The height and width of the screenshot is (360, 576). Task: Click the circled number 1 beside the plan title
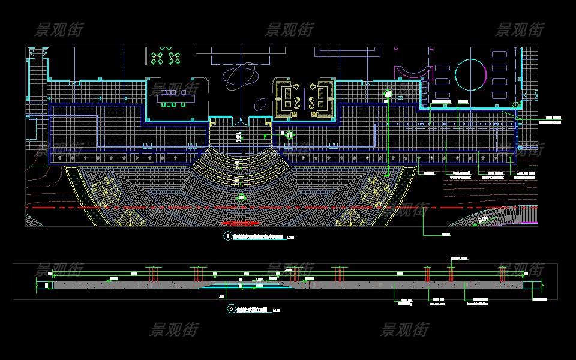pyautogui.click(x=228, y=236)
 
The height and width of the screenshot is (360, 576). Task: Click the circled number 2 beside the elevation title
pyautogui.click(x=232, y=310)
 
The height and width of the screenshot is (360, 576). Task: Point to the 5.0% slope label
pyautogui.click(x=484, y=220)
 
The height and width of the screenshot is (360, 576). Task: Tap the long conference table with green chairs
pyautogui.click(x=176, y=97)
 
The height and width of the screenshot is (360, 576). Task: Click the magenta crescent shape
pyautogui.click(x=414, y=73)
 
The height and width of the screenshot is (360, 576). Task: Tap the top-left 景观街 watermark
pyautogui.click(x=59, y=29)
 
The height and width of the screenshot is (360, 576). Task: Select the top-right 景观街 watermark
pyautogui.click(x=520, y=29)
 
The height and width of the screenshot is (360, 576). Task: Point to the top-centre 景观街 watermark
pyautogui.click(x=289, y=29)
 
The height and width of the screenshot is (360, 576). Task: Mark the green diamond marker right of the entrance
pyautogui.click(x=290, y=135)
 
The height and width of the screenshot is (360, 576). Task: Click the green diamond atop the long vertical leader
pyautogui.click(x=387, y=94)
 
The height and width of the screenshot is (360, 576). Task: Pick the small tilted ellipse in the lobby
pyautogui.click(x=260, y=105)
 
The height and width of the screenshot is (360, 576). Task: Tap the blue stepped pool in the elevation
pyautogui.click(x=247, y=286)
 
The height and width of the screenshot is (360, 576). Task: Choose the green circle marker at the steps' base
pyautogui.click(x=242, y=197)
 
